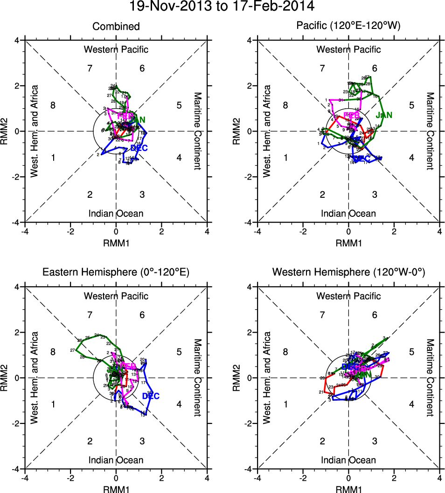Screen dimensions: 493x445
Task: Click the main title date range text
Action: point(222,7)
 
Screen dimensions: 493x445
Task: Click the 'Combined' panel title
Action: point(116,26)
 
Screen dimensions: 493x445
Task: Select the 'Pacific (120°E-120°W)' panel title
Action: point(348,26)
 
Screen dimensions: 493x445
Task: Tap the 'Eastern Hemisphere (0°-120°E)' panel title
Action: point(116,272)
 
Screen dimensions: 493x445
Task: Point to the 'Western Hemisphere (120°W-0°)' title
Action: point(348,272)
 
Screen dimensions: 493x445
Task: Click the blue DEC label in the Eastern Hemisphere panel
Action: point(151,396)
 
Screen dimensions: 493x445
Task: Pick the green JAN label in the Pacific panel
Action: point(384,115)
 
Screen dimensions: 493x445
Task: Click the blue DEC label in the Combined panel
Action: point(139,148)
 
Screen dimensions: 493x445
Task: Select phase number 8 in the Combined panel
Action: point(53,105)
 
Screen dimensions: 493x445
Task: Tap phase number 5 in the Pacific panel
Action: point(412,105)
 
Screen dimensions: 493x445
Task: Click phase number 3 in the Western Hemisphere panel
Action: point(375,441)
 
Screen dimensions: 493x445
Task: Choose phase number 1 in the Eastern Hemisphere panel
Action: point(53,404)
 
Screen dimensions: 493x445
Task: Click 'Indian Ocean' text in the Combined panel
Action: point(116,214)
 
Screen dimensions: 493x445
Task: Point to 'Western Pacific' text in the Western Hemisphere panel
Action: point(348,296)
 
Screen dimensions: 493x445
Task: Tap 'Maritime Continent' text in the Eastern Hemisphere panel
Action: point(197,378)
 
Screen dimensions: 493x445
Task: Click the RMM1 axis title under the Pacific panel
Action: point(348,243)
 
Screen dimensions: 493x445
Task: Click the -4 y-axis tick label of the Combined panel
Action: point(16,222)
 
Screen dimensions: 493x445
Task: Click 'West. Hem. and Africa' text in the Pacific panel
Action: point(267,131)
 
